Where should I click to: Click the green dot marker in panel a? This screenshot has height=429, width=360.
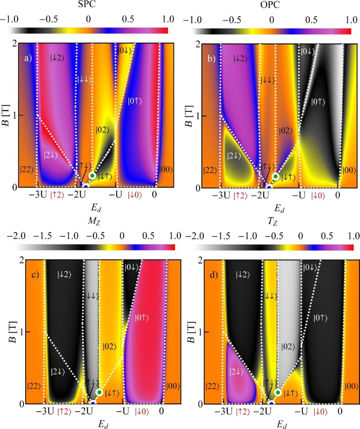[93, 176]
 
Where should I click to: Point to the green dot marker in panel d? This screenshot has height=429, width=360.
[278, 392]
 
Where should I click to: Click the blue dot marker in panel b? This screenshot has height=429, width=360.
[269, 187]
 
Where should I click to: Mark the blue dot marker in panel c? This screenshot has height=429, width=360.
[93, 403]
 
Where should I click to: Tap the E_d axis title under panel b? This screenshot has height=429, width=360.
[279, 207]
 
